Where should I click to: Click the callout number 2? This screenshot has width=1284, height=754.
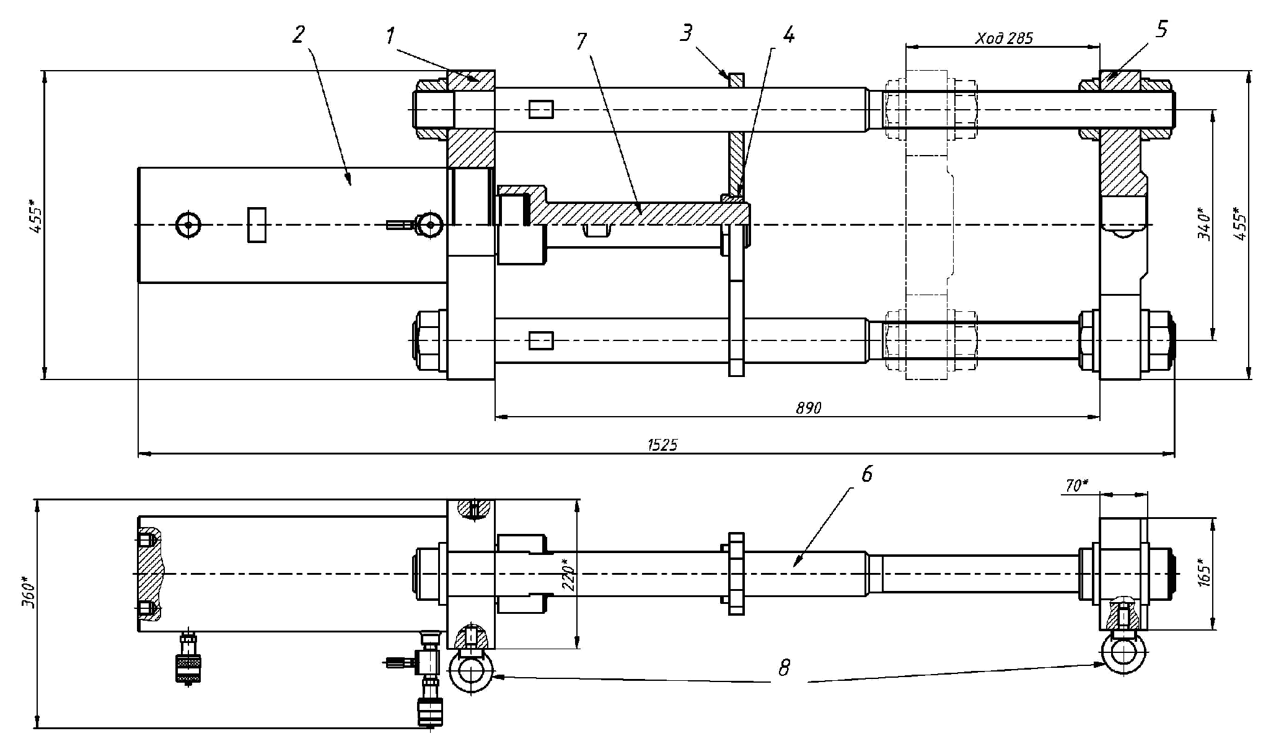(x=299, y=35)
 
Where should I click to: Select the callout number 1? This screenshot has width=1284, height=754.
(x=389, y=37)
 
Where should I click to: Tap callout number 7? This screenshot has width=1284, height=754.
(x=581, y=42)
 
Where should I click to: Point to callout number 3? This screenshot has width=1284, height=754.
(x=685, y=33)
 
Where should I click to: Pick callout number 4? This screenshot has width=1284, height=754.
(x=788, y=35)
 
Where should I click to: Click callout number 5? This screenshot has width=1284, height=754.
(x=1161, y=29)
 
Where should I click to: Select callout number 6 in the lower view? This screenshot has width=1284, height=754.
(x=866, y=475)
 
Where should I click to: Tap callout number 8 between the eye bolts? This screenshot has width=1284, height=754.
(x=785, y=668)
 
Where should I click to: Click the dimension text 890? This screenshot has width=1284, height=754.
(x=809, y=407)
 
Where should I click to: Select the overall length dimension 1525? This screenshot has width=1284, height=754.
(x=662, y=445)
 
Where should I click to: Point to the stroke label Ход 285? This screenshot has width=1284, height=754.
(x=1005, y=38)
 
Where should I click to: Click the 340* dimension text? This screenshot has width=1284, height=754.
(x=1203, y=224)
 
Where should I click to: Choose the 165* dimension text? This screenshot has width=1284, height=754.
(x=1203, y=574)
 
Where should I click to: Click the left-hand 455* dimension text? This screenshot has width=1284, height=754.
(x=35, y=216)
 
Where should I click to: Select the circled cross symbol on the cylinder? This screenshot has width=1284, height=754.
(x=188, y=224)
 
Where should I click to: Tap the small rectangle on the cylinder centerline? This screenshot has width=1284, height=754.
(x=257, y=224)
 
